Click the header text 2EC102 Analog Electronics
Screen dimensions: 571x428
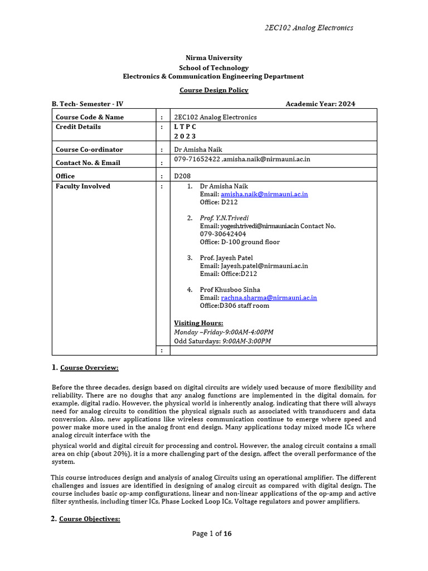(x=308, y=28)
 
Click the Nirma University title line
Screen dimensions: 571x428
(x=214, y=58)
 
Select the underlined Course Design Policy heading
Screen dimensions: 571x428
(x=214, y=90)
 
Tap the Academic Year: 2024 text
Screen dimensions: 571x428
(x=320, y=104)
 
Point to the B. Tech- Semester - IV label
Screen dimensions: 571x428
(x=87, y=104)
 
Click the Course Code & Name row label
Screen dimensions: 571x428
(x=90, y=117)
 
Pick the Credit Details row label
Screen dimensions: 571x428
(x=79, y=127)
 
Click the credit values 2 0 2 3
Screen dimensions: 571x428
(x=185, y=136)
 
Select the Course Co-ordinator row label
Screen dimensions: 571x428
(x=89, y=149)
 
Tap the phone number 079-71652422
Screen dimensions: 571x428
(x=197, y=159)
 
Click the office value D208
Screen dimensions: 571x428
(x=183, y=176)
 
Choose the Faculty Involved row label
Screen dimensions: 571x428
(x=83, y=186)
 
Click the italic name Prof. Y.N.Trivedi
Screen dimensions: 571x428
(x=226, y=218)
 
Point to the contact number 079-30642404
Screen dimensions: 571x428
(x=223, y=234)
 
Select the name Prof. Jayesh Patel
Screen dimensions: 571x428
(x=226, y=258)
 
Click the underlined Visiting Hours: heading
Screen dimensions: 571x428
(x=198, y=323)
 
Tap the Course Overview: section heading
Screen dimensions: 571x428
(x=89, y=368)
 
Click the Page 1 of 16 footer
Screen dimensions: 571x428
(x=212, y=534)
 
